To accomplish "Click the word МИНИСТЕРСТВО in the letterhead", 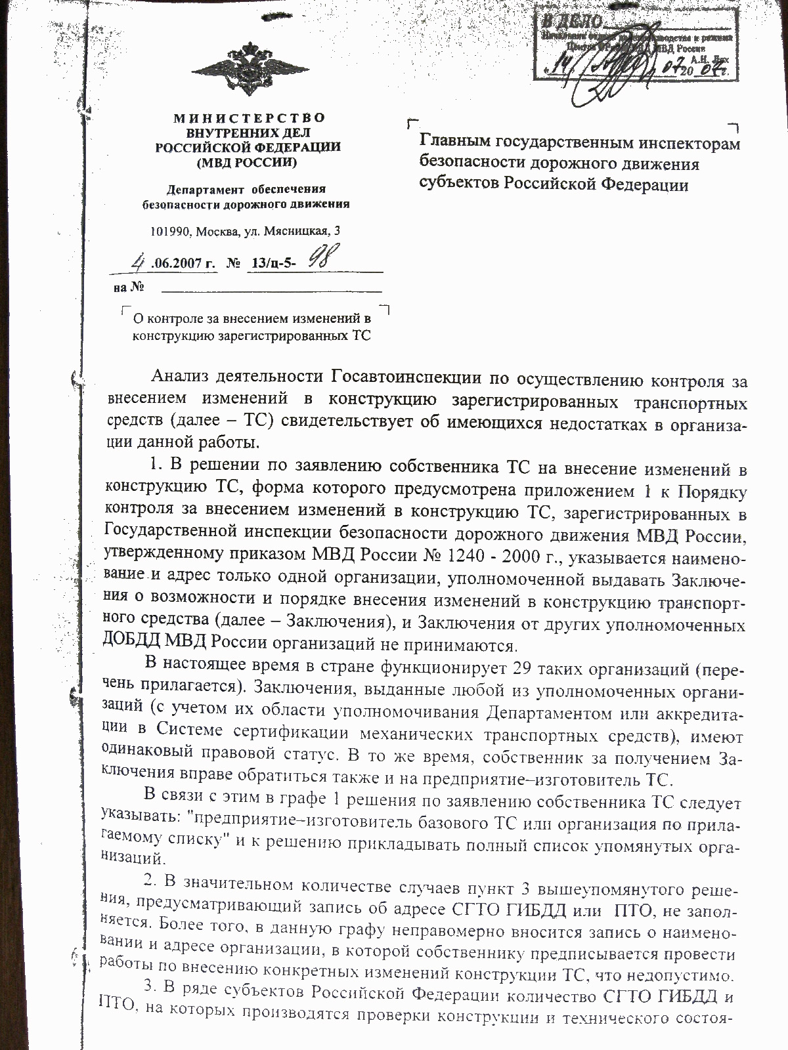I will [x=250, y=118].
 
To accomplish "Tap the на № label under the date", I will [x=129, y=287].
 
